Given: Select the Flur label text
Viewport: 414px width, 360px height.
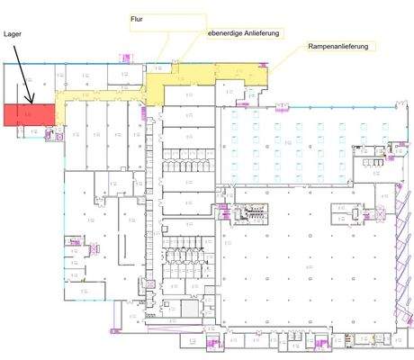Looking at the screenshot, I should pos(138,18).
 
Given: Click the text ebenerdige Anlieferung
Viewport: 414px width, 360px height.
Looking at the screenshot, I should pos(244,33).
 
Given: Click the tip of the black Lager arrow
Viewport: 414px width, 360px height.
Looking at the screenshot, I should pos(32,102).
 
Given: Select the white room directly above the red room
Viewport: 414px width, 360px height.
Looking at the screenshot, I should pos(27,86).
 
